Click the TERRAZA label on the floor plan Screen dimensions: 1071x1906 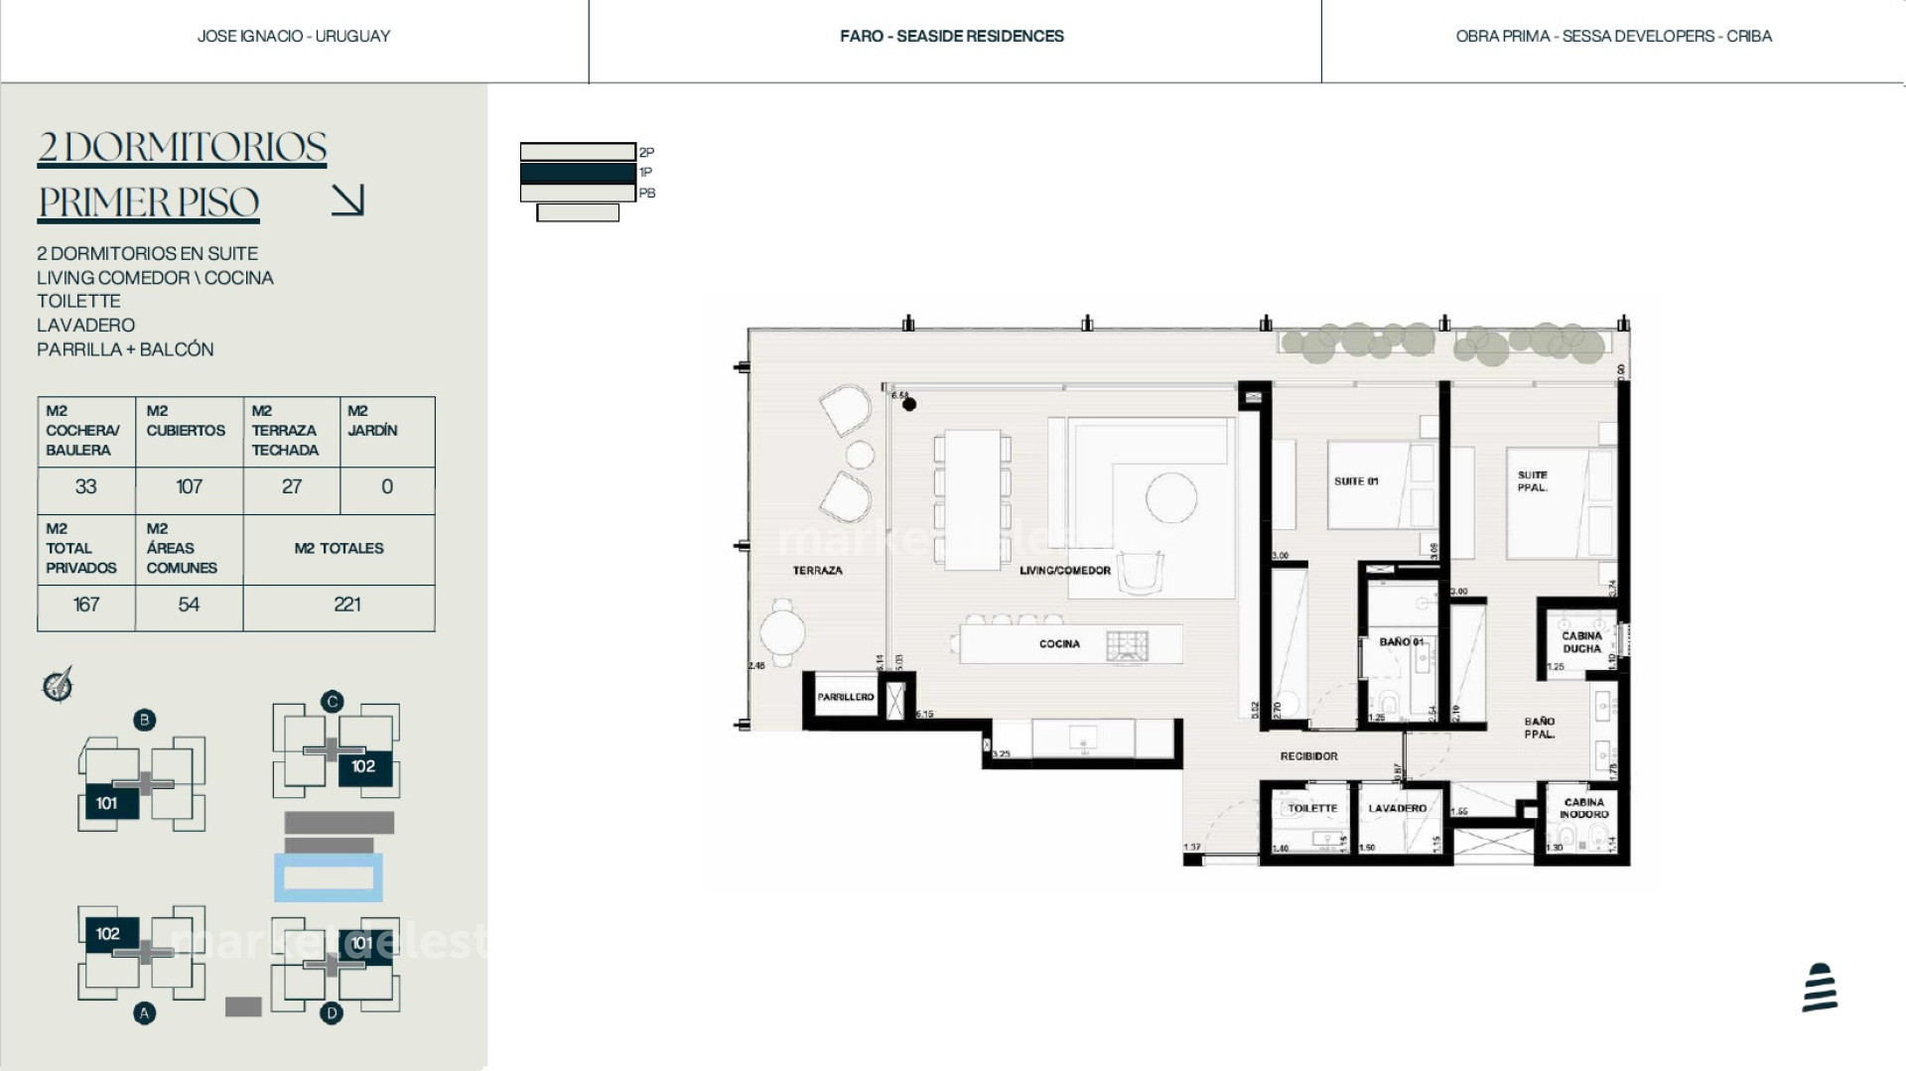pos(817,571)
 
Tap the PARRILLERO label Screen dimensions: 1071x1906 pos(846,697)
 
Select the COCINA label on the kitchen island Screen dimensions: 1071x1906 pos(1059,644)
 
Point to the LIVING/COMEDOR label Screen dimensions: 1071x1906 pos(1064,571)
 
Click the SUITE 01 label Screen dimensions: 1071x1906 pos(1356,481)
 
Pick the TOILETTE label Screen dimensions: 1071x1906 pos(1312,808)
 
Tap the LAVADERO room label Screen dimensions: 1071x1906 pos(1397,808)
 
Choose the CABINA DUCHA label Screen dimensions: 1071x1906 pos(1581,642)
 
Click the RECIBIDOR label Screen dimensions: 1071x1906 pos(1308,756)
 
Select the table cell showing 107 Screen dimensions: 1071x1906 pos(189,487)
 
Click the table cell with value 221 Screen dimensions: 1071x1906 pos(346,604)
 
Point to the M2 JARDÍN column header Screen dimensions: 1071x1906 pos(372,421)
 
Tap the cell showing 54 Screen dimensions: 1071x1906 pos(189,604)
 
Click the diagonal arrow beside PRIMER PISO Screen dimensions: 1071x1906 pos(348,200)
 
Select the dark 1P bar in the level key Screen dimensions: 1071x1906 pos(578,173)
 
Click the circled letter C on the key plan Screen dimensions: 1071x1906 pos(332,702)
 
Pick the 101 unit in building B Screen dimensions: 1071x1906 pos(107,803)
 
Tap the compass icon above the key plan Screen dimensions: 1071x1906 pos(58,684)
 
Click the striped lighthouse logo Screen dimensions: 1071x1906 pos(1820,988)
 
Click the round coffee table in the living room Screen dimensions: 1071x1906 pos(1170,497)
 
